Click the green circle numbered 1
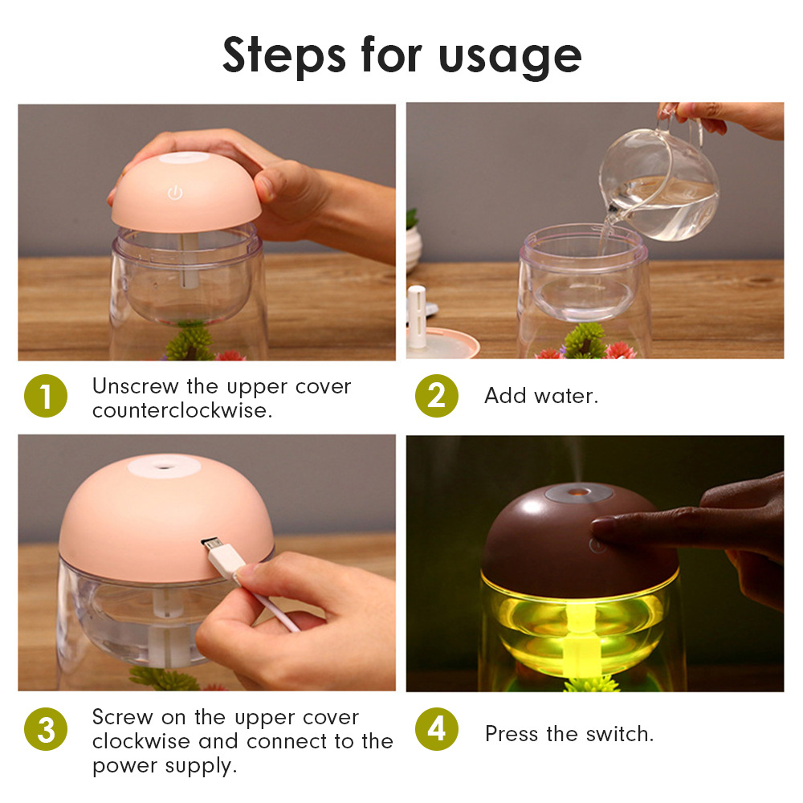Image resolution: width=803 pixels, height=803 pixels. pos(46,395)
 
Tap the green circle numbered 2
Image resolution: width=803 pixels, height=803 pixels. pos(436,395)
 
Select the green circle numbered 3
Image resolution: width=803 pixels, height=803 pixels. pos(46,729)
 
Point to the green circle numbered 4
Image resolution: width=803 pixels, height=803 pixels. pos(436,729)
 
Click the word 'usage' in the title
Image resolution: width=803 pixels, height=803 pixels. pos(510,57)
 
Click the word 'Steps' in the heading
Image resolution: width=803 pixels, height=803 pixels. pos(284,55)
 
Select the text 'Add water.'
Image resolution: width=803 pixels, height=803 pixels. pos(541,395)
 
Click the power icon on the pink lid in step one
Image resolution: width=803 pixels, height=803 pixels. pos(175,193)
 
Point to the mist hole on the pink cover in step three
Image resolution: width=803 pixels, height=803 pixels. pos(164,467)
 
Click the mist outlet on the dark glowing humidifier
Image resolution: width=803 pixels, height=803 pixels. pos(579,493)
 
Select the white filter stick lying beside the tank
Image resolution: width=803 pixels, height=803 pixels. pos(417,316)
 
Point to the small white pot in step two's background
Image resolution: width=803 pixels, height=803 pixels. pos(413,247)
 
